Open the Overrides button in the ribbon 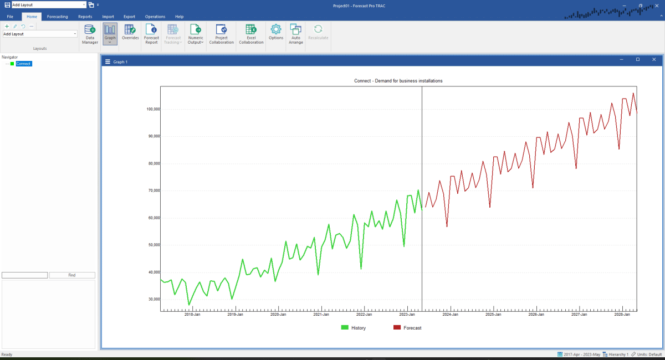coord(130,33)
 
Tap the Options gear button coord(276,32)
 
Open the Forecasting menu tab coord(57,17)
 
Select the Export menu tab coord(129,17)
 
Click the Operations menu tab coord(155,17)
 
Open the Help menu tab coord(179,17)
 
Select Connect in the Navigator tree coord(23,64)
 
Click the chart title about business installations coord(398,81)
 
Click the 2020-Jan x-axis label coord(278,315)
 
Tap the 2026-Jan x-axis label coord(536,315)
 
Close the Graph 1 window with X coord(654,60)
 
